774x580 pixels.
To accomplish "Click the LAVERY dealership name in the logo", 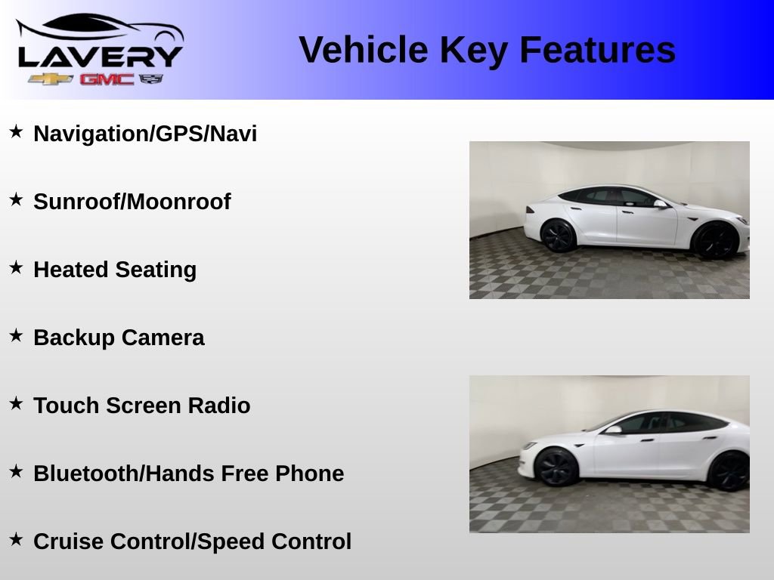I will click(x=100, y=56).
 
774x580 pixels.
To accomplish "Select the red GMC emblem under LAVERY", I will click(x=107, y=79).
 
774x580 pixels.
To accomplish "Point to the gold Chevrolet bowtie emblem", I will click(x=51, y=79).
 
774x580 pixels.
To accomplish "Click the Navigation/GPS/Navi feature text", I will click(x=145, y=134).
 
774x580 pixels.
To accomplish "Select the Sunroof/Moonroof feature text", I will click(x=132, y=202).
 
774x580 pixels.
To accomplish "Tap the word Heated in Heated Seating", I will click(x=71, y=270).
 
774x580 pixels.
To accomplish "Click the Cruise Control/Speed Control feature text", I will click(x=193, y=541).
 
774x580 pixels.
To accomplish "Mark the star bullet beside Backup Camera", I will click(x=16, y=336).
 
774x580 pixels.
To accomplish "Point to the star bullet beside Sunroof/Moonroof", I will click(x=16, y=200).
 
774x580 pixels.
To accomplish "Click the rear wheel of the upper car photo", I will click(x=558, y=236).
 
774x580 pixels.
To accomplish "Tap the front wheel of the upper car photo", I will click(x=714, y=241).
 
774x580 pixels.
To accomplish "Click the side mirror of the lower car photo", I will click(x=613, y=430).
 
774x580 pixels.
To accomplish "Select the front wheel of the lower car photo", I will click(x=557, y=466).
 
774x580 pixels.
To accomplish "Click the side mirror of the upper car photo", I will click(x=660, y=204).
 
